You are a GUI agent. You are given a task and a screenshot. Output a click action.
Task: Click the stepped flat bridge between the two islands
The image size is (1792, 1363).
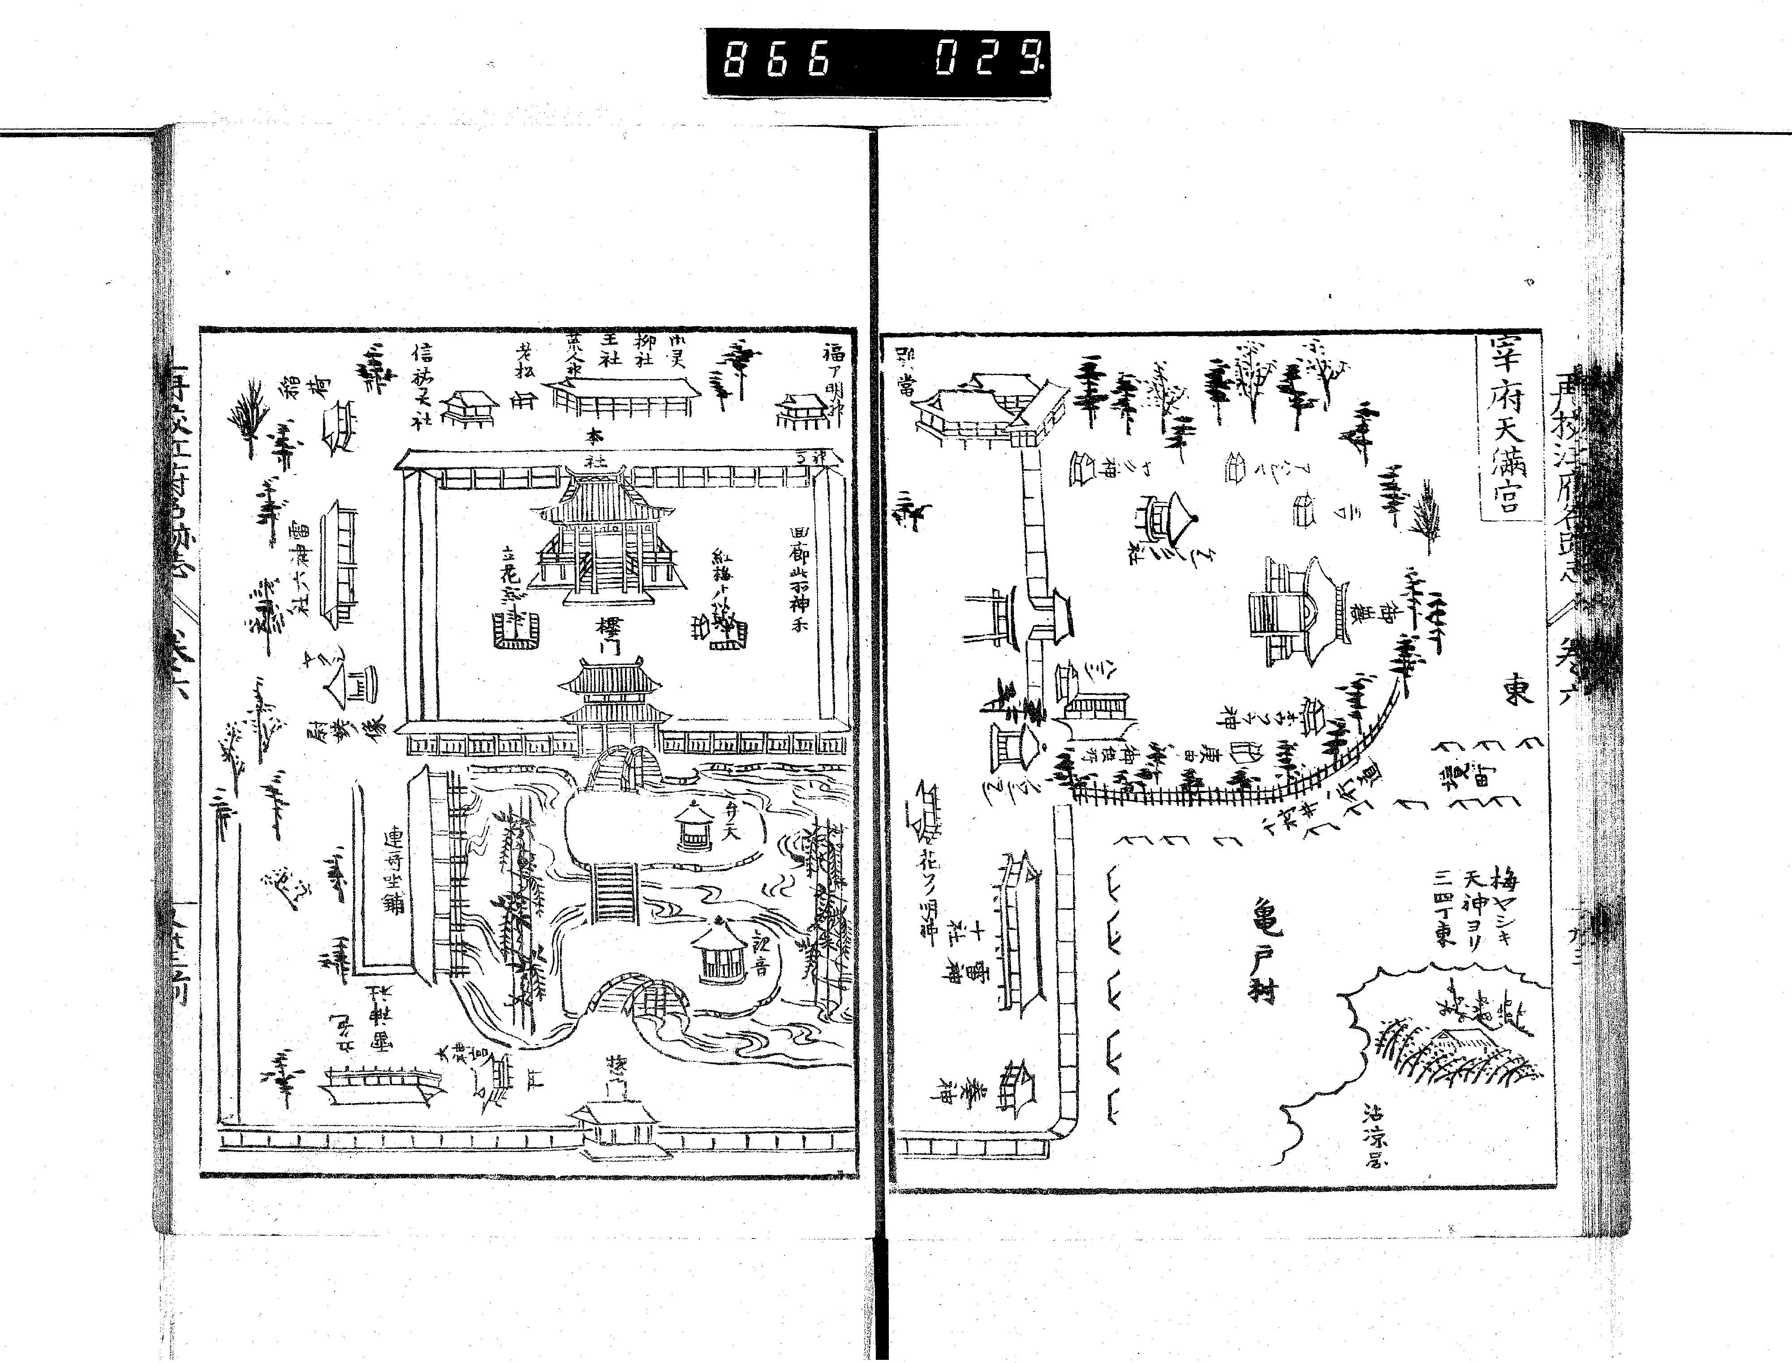(615, 893)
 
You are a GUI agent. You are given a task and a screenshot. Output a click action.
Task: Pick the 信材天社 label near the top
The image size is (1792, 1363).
(422, 385)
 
